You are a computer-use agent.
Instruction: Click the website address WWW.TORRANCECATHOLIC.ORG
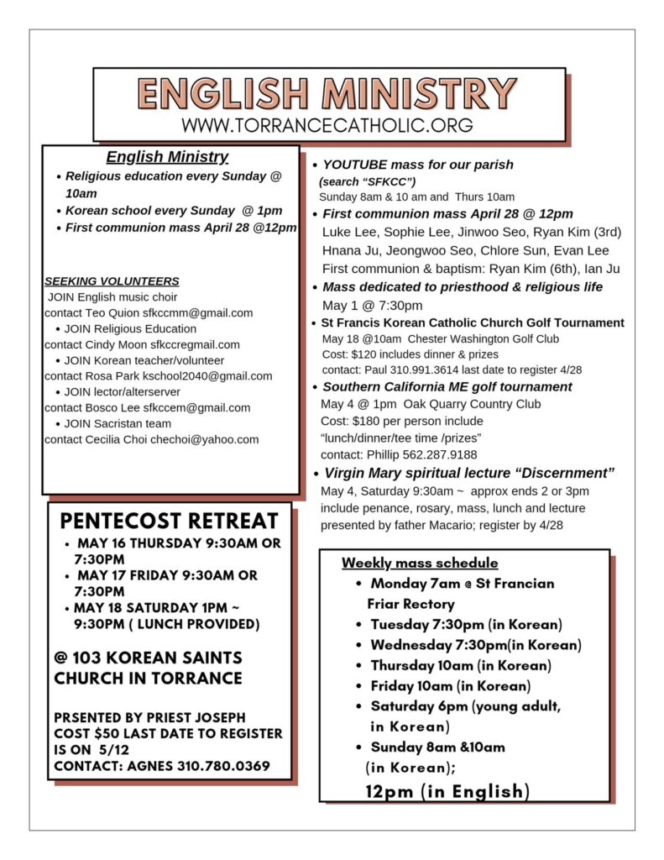pyautogui.click(x=327, y=125)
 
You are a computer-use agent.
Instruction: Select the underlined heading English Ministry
pyautogui.click(x=167, y=157)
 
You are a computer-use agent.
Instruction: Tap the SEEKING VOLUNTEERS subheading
pyautogui.click(x=112, y=281)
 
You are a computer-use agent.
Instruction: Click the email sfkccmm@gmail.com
pyautogui.click(x=197, y=312)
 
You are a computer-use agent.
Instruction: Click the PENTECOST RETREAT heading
pyautogui.click(x=169, y=521)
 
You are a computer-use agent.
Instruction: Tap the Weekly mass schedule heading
pyautogui.click(x=420, y=563)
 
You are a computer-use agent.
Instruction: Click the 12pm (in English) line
pyautogui.click(x=447, y=791)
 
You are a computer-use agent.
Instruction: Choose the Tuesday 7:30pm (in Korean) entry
pyautogui.click(x=466, y=625)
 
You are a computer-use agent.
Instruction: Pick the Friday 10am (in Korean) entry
pyautogui.click(x=450, y=686)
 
